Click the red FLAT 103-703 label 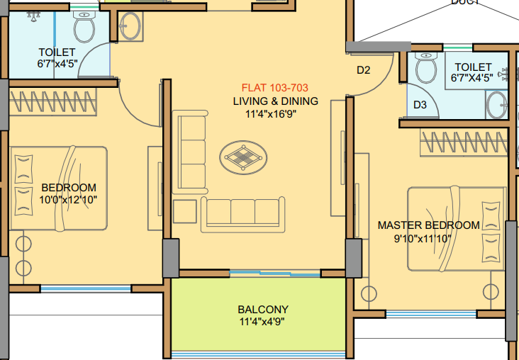(276, 89)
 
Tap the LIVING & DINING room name (276, 101)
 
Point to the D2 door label (364, 70)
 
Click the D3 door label (420, 105)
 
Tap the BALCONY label (262, 310)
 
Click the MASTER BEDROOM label (428, 225)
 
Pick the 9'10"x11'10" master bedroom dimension (428, 238)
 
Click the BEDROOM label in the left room (69, 188)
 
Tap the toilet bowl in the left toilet (85, 27)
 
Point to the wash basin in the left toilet (130, 26)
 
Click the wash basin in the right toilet (498, 105)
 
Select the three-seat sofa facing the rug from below (243, 214)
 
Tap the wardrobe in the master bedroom (464, 143)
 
